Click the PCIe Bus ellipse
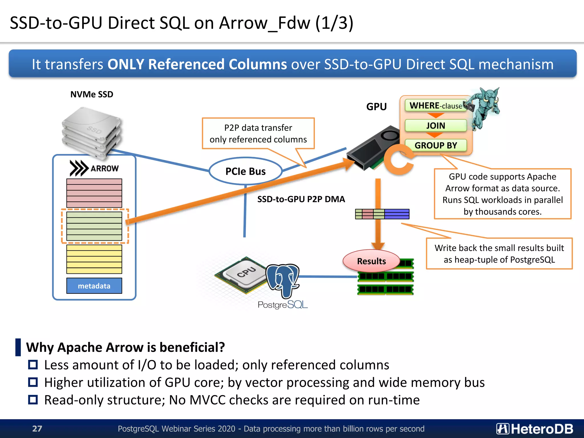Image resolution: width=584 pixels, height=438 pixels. point(246,171)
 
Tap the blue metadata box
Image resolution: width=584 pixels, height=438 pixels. point(94,286)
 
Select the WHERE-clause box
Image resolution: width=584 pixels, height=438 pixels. point(435,106)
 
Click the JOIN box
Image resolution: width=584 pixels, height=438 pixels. point(435,125)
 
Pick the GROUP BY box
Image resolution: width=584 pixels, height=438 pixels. point(435,145)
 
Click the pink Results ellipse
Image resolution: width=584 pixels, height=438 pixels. point(371,261)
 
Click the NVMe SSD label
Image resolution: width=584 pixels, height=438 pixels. point(92,94)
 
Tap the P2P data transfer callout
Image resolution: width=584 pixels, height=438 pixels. point(258,133)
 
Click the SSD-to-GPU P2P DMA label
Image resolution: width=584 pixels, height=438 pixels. point(301,199)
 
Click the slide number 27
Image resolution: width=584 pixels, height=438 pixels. point(37,429)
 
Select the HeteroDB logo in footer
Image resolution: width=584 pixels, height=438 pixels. point(534,429)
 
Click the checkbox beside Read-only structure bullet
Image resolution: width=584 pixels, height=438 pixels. point(33,400)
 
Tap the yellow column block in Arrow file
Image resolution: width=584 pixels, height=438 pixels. point(94,259)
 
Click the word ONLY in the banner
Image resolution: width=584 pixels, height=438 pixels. point(125,64)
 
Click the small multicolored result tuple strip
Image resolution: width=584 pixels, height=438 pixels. point(382,214)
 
